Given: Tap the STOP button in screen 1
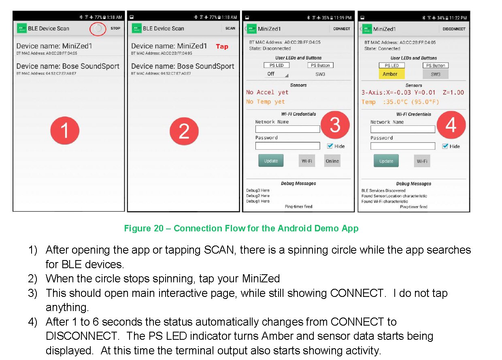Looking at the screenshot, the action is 115,28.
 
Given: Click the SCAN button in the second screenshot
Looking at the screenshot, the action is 230,28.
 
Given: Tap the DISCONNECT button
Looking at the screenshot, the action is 454,29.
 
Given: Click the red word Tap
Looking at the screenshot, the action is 222,47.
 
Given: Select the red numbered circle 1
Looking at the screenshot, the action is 65,131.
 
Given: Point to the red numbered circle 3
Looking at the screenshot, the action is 335,125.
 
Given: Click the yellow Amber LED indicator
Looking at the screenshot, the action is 391,74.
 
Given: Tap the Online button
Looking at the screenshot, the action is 332,161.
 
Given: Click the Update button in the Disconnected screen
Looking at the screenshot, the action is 271,161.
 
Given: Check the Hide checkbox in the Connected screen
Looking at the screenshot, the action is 445,146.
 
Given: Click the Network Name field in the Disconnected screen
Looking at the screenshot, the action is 287,129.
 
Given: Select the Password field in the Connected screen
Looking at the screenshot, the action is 403,146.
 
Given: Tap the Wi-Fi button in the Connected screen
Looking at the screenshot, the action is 422,161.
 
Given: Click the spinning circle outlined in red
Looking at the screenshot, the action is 98,28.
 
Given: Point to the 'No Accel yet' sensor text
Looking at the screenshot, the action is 267,92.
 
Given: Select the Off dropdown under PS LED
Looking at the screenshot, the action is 277,74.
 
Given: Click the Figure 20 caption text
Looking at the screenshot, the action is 241,228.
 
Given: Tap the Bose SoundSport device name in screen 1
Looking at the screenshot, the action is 68,66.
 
